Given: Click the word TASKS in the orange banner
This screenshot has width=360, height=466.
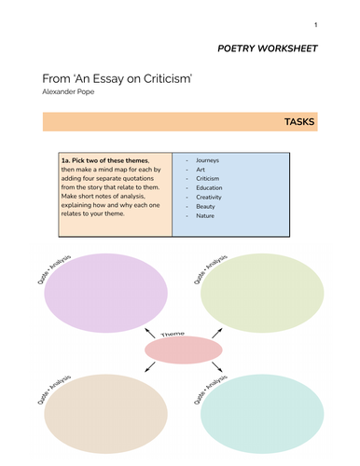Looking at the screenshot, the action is (x=298, y=122).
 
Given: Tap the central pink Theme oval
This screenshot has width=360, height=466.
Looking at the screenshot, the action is (x=183, y=349).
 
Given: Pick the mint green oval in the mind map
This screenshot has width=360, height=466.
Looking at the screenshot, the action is (x=258, y=413).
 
